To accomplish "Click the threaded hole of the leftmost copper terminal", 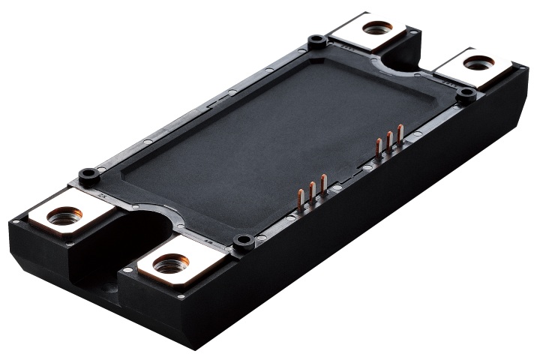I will pos(64,217).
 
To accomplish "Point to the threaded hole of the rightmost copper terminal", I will pos(478,63).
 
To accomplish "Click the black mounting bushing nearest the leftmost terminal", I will pos(88,176).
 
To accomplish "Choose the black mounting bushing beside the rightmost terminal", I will pos(466,94).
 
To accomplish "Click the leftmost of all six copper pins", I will pos(301,199).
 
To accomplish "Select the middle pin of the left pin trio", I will pos(312,193).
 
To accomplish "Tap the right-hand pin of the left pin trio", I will pos(323,187).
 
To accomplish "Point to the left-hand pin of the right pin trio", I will pos(379,148).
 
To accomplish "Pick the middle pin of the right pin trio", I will pos(389,142).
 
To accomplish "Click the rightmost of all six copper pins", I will pos(400,136).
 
